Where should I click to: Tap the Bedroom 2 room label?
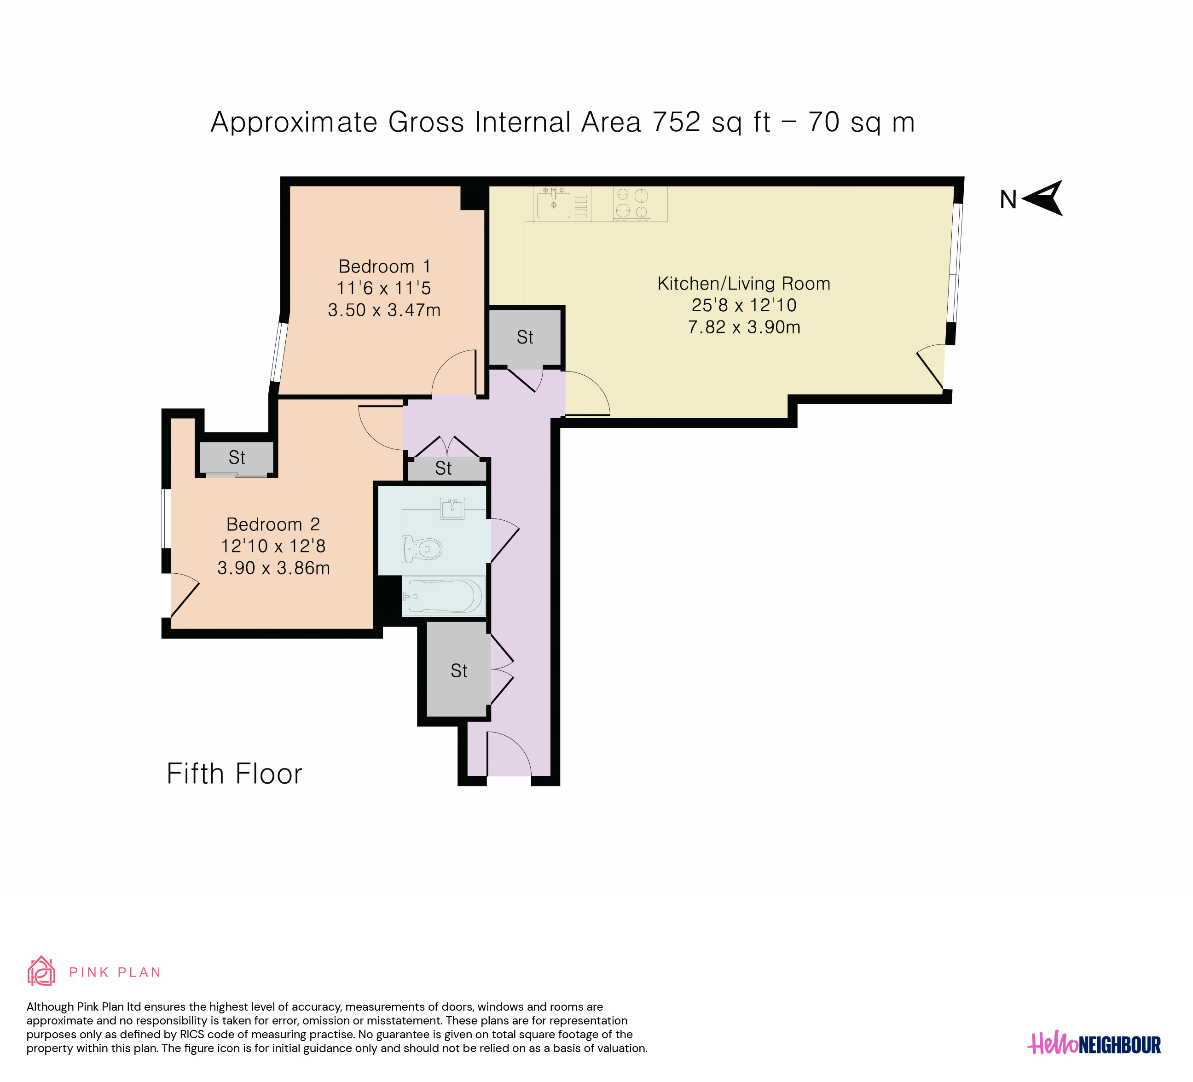pyautogui.click(x=273, y=524)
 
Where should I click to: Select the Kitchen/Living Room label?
pyautogui.click(x=744, y=284)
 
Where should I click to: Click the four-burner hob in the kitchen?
pyautogui.click(x=631, y=204)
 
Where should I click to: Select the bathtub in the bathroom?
pyautogui.click(x=444, y=597)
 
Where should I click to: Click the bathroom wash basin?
pyautogui.click(x=452, y=508)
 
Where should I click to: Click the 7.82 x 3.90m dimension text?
pyautogui.click(x=744, y=327)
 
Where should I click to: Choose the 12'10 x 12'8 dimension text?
pyautogui.click(x=273, y=547)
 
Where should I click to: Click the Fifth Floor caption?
pyautogui.click(x=234, y=774)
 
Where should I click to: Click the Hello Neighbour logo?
pyautogui.click(x=1094, y=1044)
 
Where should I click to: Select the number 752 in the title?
pyautogui.click(x=677, y=122)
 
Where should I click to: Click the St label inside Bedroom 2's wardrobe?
pyautogui.click(x=237, y=458)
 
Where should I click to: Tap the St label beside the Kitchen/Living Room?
pyautogui.click(x=525, y=337)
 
